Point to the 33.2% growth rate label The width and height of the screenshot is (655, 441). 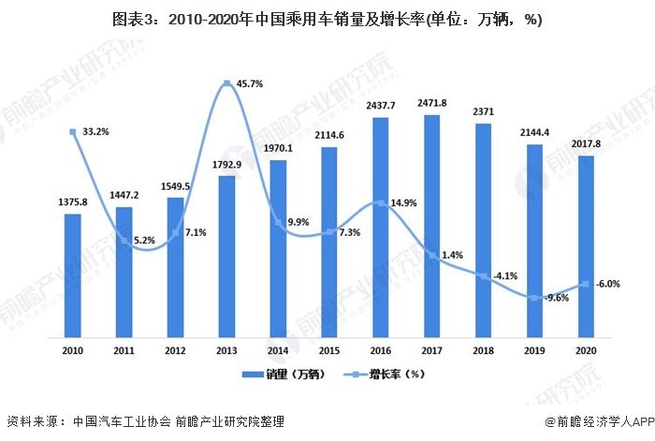tap(95, 132)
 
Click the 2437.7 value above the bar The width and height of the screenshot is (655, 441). tap(380, 106)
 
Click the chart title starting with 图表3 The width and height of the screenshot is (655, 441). tap(327, 19)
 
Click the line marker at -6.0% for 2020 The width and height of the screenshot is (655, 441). tap(586, 285)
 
